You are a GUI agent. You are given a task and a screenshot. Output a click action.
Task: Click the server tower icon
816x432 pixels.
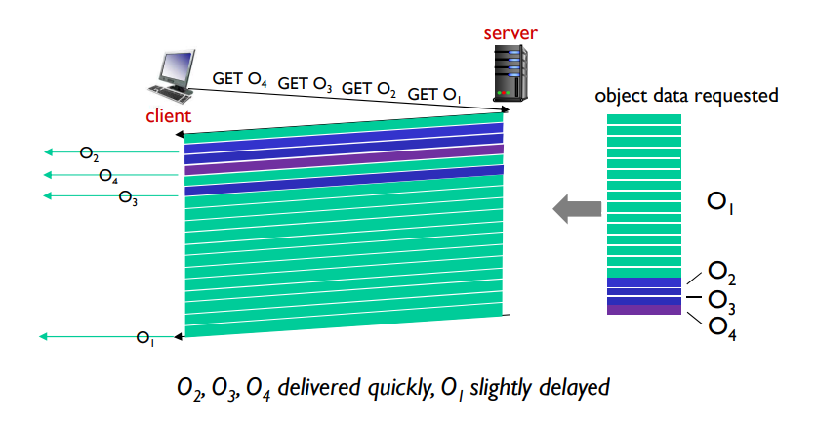point(510,73)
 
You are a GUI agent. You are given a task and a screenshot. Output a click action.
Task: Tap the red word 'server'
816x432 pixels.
point(510,33)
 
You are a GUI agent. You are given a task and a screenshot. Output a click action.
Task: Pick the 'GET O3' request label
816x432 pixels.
point(306,84)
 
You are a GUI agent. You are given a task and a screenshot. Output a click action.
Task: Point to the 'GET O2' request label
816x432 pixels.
point(369,89)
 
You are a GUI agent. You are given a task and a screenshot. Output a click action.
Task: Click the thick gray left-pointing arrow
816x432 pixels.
point(576,207)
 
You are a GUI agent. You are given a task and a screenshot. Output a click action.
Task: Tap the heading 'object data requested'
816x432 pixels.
point(686,96)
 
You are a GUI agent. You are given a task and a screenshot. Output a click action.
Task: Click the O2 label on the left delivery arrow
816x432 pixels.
point(90,153)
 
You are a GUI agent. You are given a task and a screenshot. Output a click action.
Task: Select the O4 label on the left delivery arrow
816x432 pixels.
point(109,176)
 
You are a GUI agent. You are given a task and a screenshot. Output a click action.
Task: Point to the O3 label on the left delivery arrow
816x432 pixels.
point(128,198)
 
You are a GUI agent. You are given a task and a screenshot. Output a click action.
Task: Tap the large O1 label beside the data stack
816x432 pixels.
point(723,203)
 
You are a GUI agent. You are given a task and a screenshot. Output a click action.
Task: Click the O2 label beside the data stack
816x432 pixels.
point(723,271)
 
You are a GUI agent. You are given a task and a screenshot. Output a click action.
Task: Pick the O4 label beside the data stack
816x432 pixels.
point(723,325)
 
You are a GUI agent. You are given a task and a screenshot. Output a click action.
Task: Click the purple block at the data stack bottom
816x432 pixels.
point(643,309)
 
